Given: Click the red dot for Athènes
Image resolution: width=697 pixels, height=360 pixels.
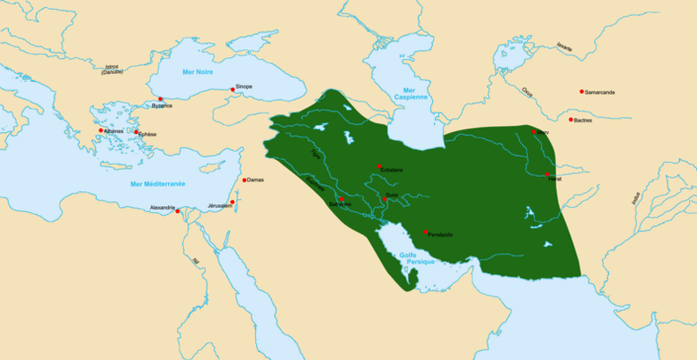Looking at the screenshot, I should tap(101, 130).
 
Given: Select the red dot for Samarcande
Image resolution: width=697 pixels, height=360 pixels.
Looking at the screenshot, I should tap(582, 92).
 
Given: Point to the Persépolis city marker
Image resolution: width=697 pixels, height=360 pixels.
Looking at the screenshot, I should tap(425, 231).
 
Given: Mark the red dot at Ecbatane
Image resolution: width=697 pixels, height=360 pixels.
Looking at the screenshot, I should tap(379, 165).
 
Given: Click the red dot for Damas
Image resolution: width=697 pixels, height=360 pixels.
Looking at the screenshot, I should tap(244, 180).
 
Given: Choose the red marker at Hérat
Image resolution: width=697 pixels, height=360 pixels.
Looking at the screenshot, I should tap(547, 174).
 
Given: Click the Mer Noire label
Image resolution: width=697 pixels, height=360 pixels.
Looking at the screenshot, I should tap(198, 71).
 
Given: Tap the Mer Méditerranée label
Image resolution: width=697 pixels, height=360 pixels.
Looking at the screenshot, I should tap(158, 183).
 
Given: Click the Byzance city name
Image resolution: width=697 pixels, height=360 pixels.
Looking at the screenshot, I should tap(162, 106).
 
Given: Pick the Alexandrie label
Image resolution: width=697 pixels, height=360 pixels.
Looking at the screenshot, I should tap(163, 208).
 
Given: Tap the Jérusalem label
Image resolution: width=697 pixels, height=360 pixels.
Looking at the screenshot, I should tap(218, 206).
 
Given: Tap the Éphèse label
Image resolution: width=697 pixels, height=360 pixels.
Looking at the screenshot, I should tap(147, 134).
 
